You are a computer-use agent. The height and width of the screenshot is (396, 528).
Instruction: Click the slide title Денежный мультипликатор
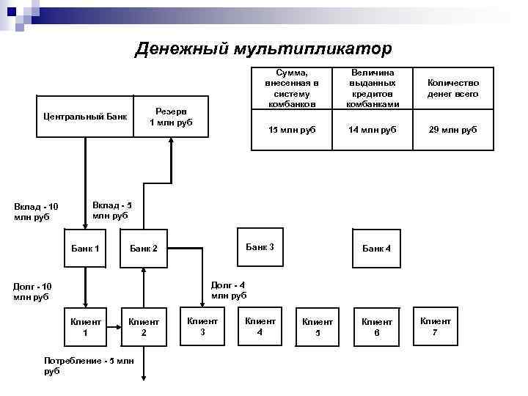click(263, 48)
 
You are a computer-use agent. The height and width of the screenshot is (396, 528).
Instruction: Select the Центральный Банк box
click(85, 116)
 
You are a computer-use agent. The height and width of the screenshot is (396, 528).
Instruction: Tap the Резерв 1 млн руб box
click(170, 116)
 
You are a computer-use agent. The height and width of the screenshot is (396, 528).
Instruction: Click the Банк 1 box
click(85, 249)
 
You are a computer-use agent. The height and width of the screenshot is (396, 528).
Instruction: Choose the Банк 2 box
click(144, 249)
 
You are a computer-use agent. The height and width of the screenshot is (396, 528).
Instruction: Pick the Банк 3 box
click(260, 247)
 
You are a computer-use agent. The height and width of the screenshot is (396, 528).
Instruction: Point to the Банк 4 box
click(376, 249)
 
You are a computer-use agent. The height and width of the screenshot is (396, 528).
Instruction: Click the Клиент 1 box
click(85, 326)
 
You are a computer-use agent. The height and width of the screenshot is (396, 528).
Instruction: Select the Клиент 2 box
click(144, 326)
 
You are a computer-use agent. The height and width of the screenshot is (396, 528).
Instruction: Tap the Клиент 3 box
click(202, 326)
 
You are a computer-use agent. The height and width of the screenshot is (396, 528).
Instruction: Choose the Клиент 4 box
click(260, 326)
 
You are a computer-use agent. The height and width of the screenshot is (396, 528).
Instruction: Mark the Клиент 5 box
click(318, 326)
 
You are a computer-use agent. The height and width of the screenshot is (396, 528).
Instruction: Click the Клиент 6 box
click(376, 326)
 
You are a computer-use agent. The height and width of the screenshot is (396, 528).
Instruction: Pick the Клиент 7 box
click(435, 326)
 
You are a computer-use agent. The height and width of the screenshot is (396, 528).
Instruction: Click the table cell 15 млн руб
click(287, 130)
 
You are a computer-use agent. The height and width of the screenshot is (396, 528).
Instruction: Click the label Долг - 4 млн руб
click(229, 290)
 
